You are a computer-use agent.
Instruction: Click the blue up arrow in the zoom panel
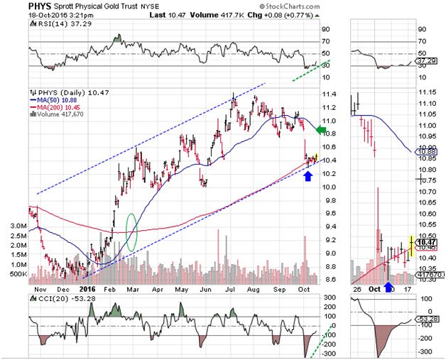point(388,287)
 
